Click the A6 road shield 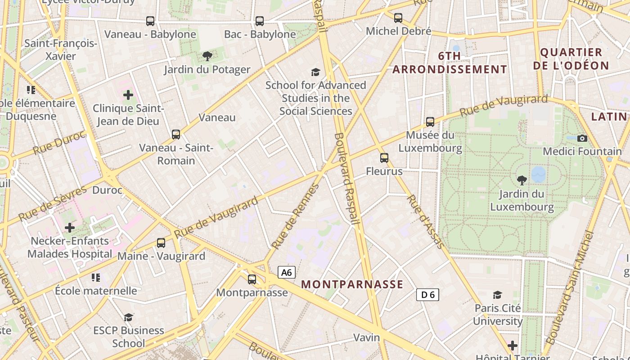click(287, 272)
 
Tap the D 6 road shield click(427, 295)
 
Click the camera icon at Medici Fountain click(582, 138)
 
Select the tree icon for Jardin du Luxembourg click(522, 180)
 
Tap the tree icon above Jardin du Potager click(207, 56)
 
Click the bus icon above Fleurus click(384, 158)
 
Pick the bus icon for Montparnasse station click(252, 279)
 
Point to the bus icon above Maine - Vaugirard click(161, 243)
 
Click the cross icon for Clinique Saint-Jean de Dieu click(128, 95)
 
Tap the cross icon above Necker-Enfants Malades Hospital click(70, 228)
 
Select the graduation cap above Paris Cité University click(497, 295)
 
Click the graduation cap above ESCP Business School click(129, 317)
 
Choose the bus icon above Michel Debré click(398, 18)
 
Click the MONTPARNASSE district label click(352, 284)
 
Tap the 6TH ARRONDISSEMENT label click(450, 63)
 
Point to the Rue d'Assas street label click(425, 221)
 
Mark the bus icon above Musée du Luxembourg click(430, 122)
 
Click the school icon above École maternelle click(95, 278)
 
